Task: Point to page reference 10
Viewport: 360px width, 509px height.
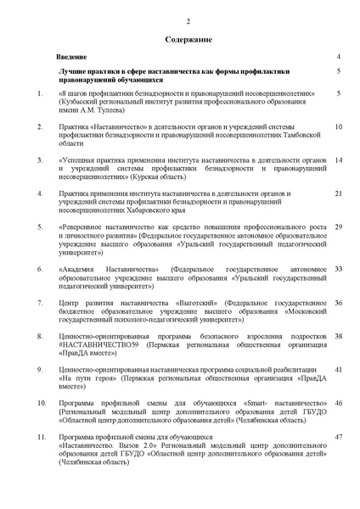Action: tap(338, 126)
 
